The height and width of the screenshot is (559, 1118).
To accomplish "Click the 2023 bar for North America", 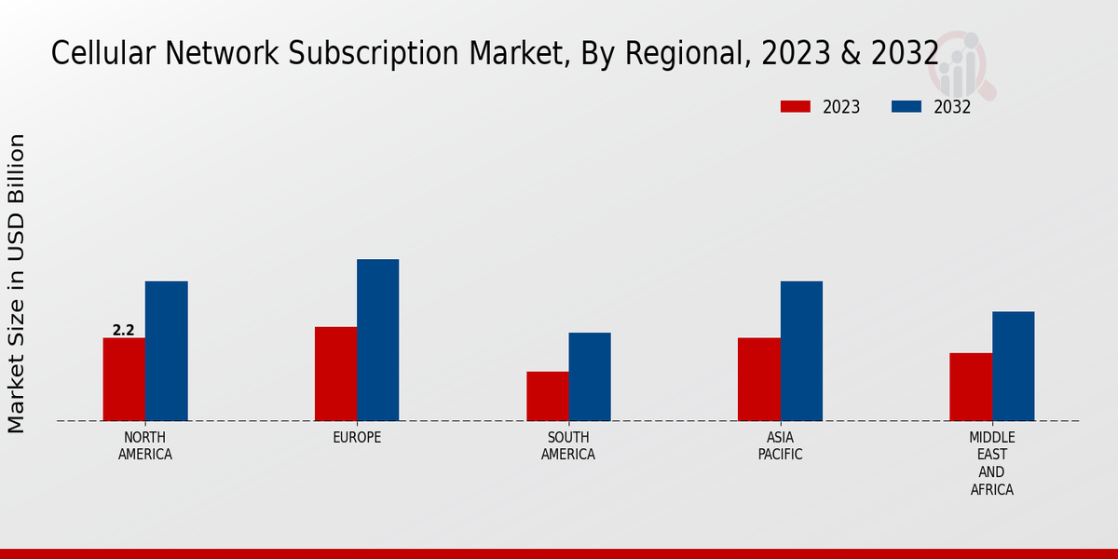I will (x=124, y=379).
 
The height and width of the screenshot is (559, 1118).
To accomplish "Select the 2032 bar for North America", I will (x=166, y=351).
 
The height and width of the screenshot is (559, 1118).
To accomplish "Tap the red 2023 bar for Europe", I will (x=335, y=374).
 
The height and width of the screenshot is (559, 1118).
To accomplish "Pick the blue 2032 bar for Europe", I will (x=377, y=340).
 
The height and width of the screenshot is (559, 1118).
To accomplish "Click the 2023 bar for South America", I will (x=547, y=396).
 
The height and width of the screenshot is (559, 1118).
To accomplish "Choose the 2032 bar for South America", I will (x=590, y=376).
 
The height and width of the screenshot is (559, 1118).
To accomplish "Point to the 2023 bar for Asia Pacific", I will (x=758, y=379).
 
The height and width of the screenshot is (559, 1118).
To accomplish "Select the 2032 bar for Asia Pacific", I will (x=801, y=351).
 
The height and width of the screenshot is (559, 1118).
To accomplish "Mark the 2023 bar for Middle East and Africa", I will (x=971, y=387).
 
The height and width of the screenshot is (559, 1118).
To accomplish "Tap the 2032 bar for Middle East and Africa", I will (x=1013, y=366).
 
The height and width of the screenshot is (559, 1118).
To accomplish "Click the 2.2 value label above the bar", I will (x=124, y=330).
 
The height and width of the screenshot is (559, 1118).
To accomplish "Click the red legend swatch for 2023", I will (x=796, y=107).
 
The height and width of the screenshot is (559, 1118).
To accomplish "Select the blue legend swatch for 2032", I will (x=907, y=107).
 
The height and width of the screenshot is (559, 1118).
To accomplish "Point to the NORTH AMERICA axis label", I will (x=145, y=446).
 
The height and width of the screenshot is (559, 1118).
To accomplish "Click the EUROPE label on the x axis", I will (x=357, y=438).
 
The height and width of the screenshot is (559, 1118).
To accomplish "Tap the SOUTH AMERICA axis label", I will (x=568, y=446).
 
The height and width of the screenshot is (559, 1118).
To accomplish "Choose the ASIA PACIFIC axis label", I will (x=780, y=446).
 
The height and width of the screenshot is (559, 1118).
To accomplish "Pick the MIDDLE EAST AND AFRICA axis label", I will (x=992, y=463).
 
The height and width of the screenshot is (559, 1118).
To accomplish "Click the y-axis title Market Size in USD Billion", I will (x=17, y=283).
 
